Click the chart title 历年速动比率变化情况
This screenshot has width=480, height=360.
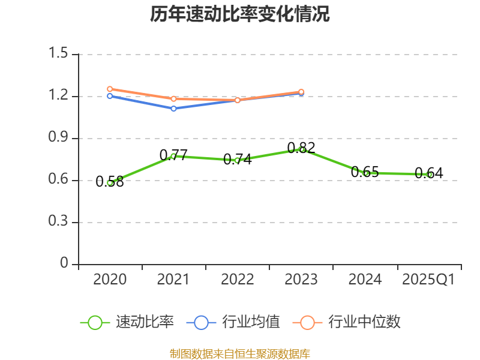[x=240, y=14]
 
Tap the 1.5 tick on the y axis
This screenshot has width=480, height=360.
[x=59, y=54]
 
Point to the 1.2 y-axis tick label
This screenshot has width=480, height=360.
[x=59, y=96]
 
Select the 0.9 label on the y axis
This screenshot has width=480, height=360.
[x=59, y=138]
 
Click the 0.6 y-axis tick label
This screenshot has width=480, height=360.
[x=59, y=180]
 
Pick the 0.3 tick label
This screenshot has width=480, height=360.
[x=59, y=222]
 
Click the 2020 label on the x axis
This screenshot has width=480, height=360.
[x=110, y=279]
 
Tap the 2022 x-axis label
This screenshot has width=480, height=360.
[x=238, y=279]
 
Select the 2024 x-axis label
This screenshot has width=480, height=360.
[x=365, y=279]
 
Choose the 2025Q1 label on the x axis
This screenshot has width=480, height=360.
[x=428, y=279]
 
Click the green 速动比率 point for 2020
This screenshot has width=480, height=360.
[x=110, y=182]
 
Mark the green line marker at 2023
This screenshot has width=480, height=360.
[x=302, y=149]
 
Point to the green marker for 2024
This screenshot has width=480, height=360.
[x=366, y=173]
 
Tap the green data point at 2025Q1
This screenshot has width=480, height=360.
[x=430, y=175]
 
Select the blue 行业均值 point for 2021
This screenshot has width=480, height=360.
[x=174, y=109]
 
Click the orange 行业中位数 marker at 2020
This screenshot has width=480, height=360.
[x=110, y=89]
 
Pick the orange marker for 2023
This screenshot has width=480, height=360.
[x=301, y=92]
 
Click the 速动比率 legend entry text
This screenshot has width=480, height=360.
[x=145, y=322]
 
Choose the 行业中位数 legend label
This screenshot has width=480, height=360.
[x=364, y=322]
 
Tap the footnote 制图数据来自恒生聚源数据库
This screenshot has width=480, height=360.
[x=240, y=353]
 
